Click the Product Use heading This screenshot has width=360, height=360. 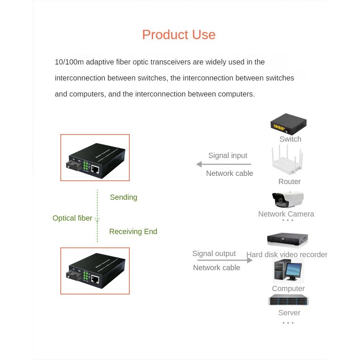(x=179, y=35)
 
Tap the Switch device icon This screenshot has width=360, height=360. (x=288, y=124)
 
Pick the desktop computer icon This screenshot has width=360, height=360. (x=287, y=271)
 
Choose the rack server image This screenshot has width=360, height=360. (x=288, y=300)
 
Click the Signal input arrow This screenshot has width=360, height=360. (x=224, y=164)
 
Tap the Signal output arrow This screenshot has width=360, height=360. (x=225, y=260)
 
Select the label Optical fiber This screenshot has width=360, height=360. (x=72, y=218)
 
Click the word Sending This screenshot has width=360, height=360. (x=123, y=197)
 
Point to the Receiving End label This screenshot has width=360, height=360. (x=133, y=231)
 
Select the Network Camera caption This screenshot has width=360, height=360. (x=286, y=214)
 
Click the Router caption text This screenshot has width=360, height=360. (x=289, y=181)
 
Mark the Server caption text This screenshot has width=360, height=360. (x=289, y=313)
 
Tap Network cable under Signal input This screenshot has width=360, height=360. (x=230, y=173)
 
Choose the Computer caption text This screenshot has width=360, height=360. (x=288, y=288)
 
